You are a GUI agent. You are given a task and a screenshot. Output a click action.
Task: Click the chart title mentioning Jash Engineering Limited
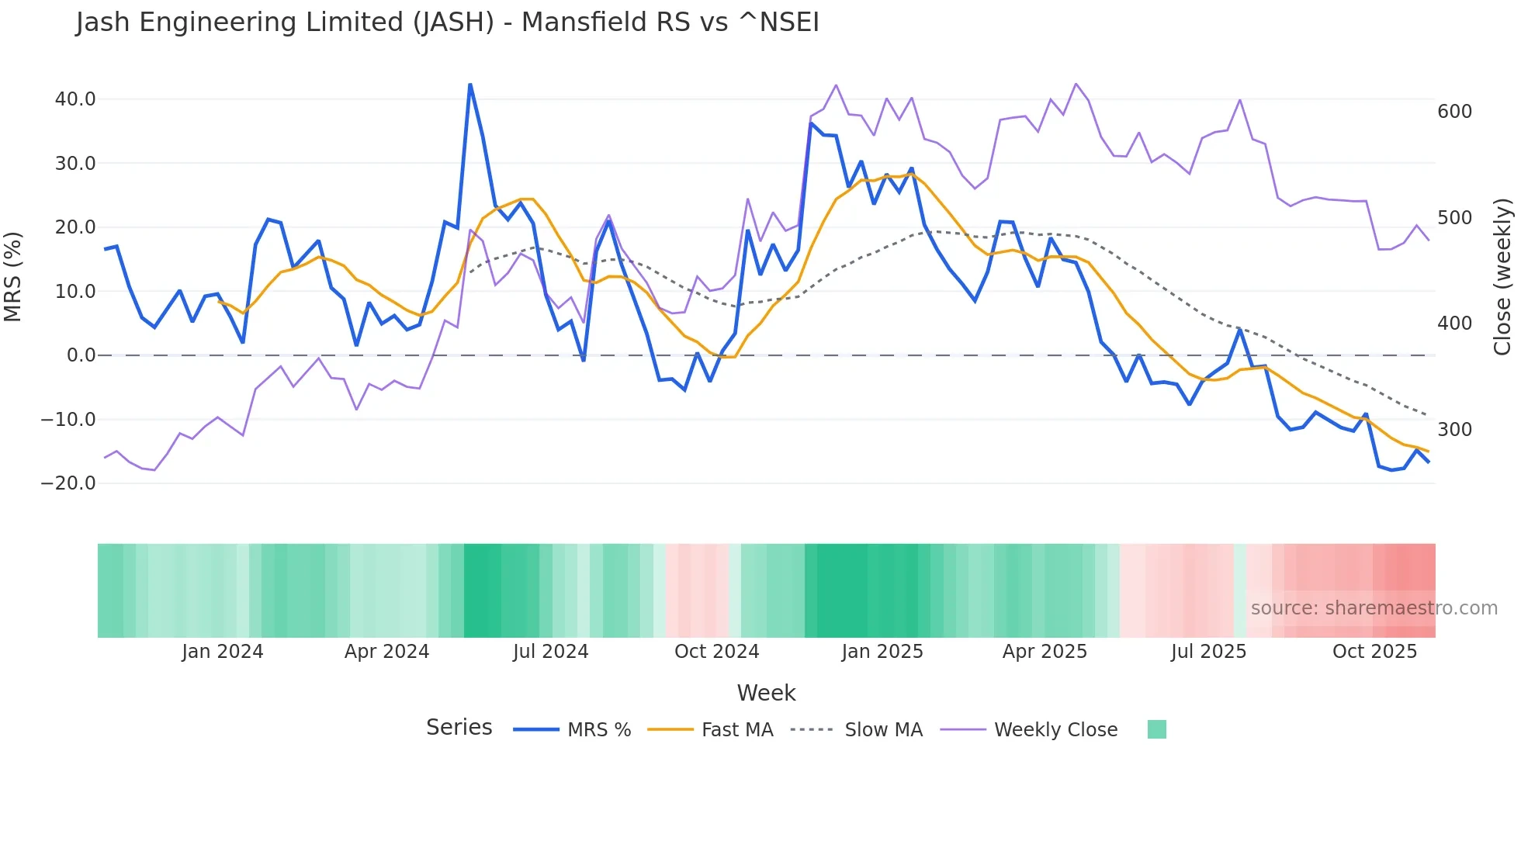(x=447, y=22)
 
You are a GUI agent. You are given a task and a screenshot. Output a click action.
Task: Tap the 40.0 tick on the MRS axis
(x=75, y=99)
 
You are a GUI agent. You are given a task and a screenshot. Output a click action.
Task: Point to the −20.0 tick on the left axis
(x=68, y=483)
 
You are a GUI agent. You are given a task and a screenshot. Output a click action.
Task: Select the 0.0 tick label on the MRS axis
(x=81, y=355)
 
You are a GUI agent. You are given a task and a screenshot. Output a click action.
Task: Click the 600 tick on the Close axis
(x=1454, y=112)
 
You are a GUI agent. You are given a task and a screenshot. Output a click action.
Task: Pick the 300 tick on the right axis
(x=1454, y=430)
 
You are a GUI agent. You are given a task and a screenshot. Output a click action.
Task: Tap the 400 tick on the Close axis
(x=1454, y=324)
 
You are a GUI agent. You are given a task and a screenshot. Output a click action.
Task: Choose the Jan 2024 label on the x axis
(x=223, y=652)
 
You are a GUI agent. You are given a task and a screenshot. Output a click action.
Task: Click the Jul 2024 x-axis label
(x=551, y=652)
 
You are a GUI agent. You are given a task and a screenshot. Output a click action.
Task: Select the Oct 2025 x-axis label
(x=1374, y=652)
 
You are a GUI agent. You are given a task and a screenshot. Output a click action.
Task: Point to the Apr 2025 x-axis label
(x=1045, y=652)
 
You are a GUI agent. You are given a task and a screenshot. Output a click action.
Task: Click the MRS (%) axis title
(x=13, y=276)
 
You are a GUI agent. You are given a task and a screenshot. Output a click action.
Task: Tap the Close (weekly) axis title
(x=1503, y=277)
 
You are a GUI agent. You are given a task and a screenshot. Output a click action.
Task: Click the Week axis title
(x=766, y=693)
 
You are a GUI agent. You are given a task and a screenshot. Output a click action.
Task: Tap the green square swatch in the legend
(x=1156, y=729)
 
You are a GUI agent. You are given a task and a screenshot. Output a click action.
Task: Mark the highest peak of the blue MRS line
(x=470, y=85)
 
